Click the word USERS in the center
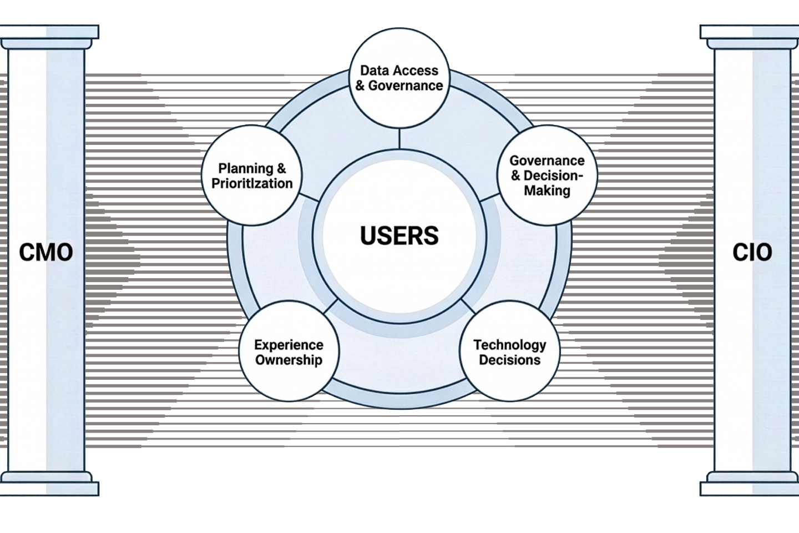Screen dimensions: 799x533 [399, 235]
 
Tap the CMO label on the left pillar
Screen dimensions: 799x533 [46, 253]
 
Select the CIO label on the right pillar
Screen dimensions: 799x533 [752, 253]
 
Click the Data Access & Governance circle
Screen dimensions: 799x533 [399, 78]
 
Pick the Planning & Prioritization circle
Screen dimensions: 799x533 [252, 175]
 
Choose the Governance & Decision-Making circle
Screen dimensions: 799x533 [547, 175]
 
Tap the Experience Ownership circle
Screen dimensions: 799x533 [289, 351]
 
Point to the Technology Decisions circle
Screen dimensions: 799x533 [510, 351]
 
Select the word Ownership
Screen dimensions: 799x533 [289, 360]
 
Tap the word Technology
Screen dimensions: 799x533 [510, 345]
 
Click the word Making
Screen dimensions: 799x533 [547, 190]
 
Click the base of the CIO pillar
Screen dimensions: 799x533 [750, 484]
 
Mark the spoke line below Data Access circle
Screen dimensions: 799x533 [399, 139]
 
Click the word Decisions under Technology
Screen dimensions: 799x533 [510, 360]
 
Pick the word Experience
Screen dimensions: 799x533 [289, 345]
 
